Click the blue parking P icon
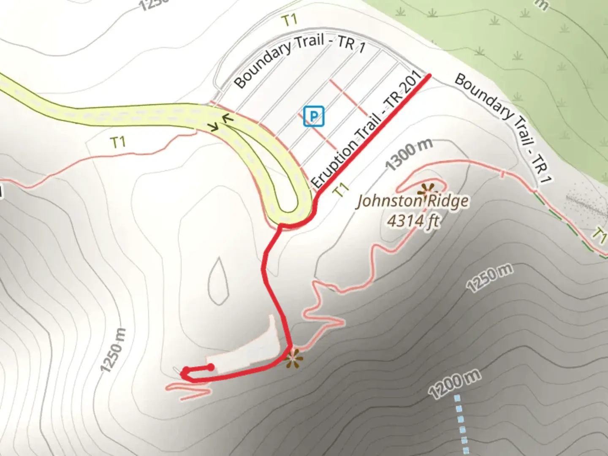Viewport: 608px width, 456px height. click(x=314, y=116)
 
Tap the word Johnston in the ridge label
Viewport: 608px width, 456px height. click(x=388, y=201)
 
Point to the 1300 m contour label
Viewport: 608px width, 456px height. click(x=409, y=154)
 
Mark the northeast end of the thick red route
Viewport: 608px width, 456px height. click(x=429, y=76)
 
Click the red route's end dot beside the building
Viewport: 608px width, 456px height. click(x=211, y=367)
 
